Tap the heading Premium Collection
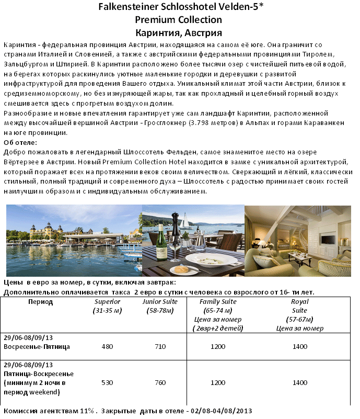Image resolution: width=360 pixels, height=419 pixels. (178, 20)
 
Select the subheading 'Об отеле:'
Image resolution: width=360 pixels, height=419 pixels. (20, 142)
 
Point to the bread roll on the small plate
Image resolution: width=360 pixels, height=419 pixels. (179, 269)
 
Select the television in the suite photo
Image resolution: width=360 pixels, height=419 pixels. (328, 239)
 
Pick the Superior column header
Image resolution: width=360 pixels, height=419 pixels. (107, 306)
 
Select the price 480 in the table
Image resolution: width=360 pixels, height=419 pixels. (107, 346)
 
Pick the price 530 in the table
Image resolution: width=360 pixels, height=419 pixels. (107, 382)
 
